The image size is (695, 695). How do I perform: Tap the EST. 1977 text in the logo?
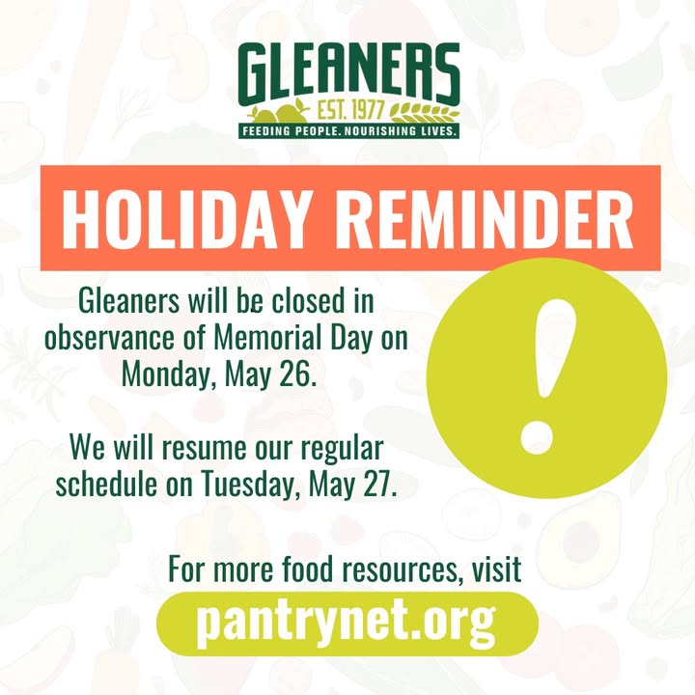(x=349, y=110)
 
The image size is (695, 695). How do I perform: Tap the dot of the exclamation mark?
(x=537, y=437)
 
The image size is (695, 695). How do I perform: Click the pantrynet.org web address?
(x=347, y=623)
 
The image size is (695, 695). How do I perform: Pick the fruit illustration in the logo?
(x=279, y=112)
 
